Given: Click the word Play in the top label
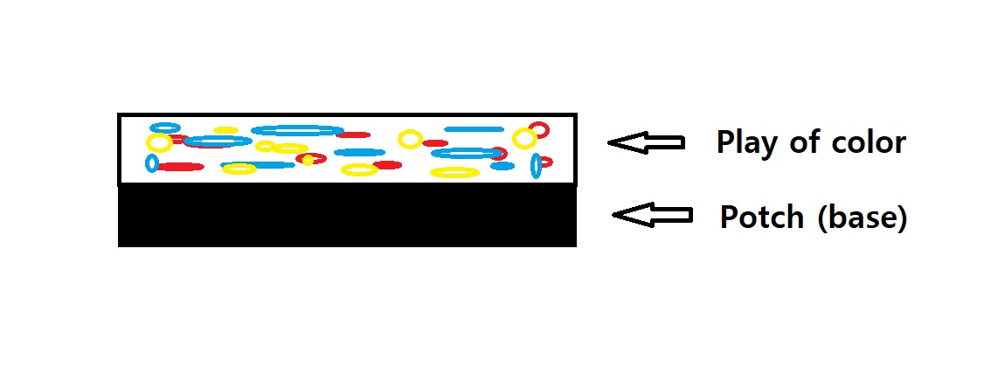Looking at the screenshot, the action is click(744, 142).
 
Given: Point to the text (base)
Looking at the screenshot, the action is click(863, 218).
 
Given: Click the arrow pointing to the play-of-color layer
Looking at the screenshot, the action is click(646, 142).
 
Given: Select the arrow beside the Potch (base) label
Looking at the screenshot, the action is click(652, 215).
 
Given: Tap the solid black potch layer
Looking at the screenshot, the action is click(347, 215).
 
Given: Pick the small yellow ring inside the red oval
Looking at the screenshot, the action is click(308, 160).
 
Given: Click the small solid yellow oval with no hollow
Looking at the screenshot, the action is click(226, 130).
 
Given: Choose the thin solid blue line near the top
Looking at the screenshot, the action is click(475, 129).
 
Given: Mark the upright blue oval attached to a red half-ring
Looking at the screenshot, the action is click(536, 164).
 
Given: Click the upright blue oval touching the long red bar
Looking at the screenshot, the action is click(152, 163).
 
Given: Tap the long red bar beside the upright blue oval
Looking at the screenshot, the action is click(181, 167).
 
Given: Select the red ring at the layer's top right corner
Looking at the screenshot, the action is click(540, 129).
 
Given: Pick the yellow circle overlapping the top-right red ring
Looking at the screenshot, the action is click(524, 138).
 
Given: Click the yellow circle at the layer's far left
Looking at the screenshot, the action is click(159, 142).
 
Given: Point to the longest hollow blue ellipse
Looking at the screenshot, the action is click(297, 130).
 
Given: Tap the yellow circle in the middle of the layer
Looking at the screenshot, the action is click(409, 138).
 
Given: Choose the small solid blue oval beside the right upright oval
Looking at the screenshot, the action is click(502, 166).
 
